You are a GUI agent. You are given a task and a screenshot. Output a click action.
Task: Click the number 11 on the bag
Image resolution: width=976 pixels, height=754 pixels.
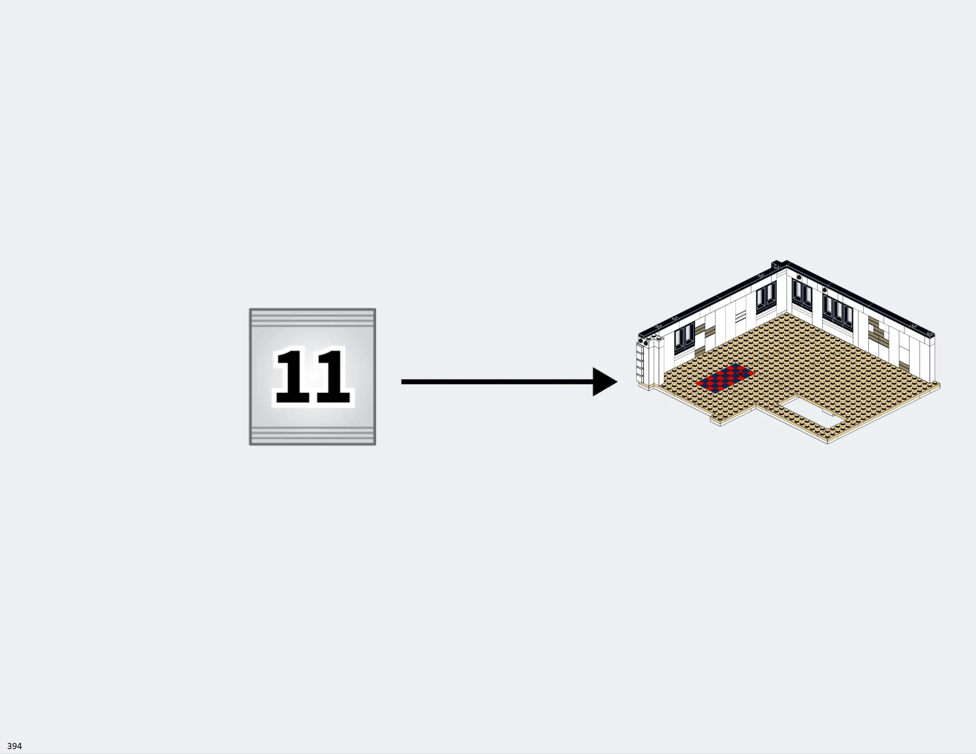(313, 377)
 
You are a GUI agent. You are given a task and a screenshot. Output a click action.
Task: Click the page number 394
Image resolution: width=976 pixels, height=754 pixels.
(14, 746)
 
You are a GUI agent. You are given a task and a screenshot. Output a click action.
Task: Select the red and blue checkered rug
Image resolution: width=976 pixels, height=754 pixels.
(725, 377)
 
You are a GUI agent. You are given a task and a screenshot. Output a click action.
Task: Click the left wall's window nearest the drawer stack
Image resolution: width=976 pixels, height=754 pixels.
(684, 338)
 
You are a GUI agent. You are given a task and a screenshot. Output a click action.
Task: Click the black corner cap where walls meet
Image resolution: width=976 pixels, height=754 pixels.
(780, 264)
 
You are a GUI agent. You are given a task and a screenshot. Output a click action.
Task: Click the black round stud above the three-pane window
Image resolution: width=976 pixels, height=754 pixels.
(825, 291)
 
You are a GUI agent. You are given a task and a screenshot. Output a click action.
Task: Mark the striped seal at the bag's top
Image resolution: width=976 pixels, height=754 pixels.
(312, 318)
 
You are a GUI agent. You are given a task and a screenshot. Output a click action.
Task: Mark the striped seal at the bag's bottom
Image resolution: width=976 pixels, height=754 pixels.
(312, 435)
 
